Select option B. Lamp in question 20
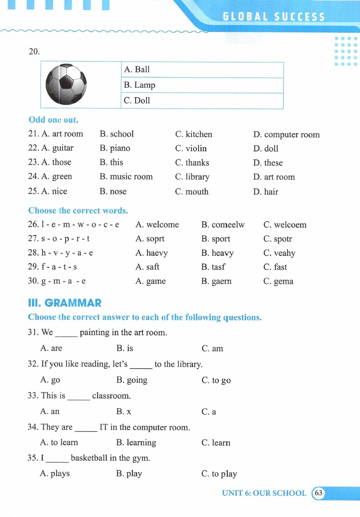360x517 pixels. click(x=139, y=85)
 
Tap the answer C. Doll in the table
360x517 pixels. click(x=137, y=101)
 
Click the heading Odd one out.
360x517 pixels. click(x=53, y=120)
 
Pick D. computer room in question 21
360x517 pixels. click(x=286, y=135)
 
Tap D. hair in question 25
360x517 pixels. click(x=265, y=191)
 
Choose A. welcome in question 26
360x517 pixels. click(x=157, y=225)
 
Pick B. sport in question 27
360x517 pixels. click(x=216, y=239)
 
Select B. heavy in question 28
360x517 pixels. click(x=217, y=253)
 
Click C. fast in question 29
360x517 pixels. click(x=275, y=267)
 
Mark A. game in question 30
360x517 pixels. click(x=150, y=281)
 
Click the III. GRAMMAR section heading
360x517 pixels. click(x=65, y=303)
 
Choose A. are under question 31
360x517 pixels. click(x=51, y=348)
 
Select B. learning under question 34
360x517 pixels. click(x=136, y=442)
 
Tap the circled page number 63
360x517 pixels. click(x=319, y=493)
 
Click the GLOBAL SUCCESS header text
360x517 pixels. click(x=273, y=17)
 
